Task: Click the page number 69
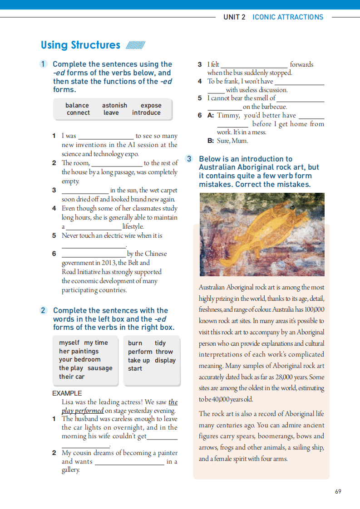point(338,491)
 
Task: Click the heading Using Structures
point(80,45)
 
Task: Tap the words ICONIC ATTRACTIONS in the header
point(288,17)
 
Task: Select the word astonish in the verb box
point(114,105)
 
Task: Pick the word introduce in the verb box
point(146,113)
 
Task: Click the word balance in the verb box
point(77,105)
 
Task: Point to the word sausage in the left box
point(100,368)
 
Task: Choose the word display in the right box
point(165,360)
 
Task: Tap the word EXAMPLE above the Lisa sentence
point(67,393)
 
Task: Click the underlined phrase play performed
point(83,411)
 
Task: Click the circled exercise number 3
point(189,159)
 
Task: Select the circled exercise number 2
point(43,310)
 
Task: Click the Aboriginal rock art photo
point(262,235)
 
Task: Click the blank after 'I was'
point(106,136)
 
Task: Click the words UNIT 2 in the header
point(234,17)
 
